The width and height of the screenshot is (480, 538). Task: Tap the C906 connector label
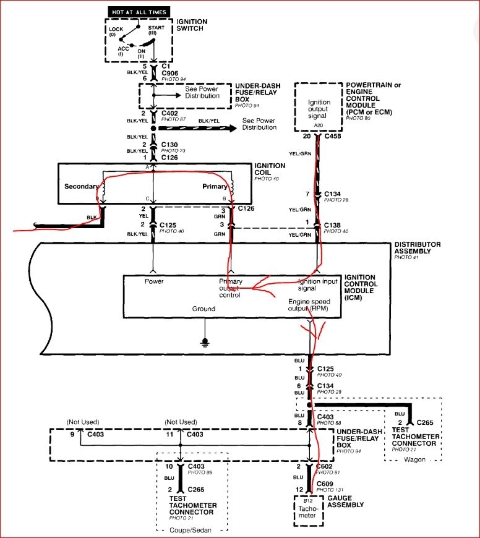coord(169,72)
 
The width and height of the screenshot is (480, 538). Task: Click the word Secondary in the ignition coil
coord(80,186)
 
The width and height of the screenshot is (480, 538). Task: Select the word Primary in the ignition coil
coord(215,186)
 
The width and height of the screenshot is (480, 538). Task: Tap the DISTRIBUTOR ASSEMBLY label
coord(418,248)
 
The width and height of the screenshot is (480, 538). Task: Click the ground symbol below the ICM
coord(204,342)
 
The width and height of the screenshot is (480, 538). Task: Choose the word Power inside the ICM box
coord(153,281)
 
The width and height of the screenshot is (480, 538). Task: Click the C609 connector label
coord(326,483)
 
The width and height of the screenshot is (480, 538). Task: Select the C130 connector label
coord(169,145)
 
